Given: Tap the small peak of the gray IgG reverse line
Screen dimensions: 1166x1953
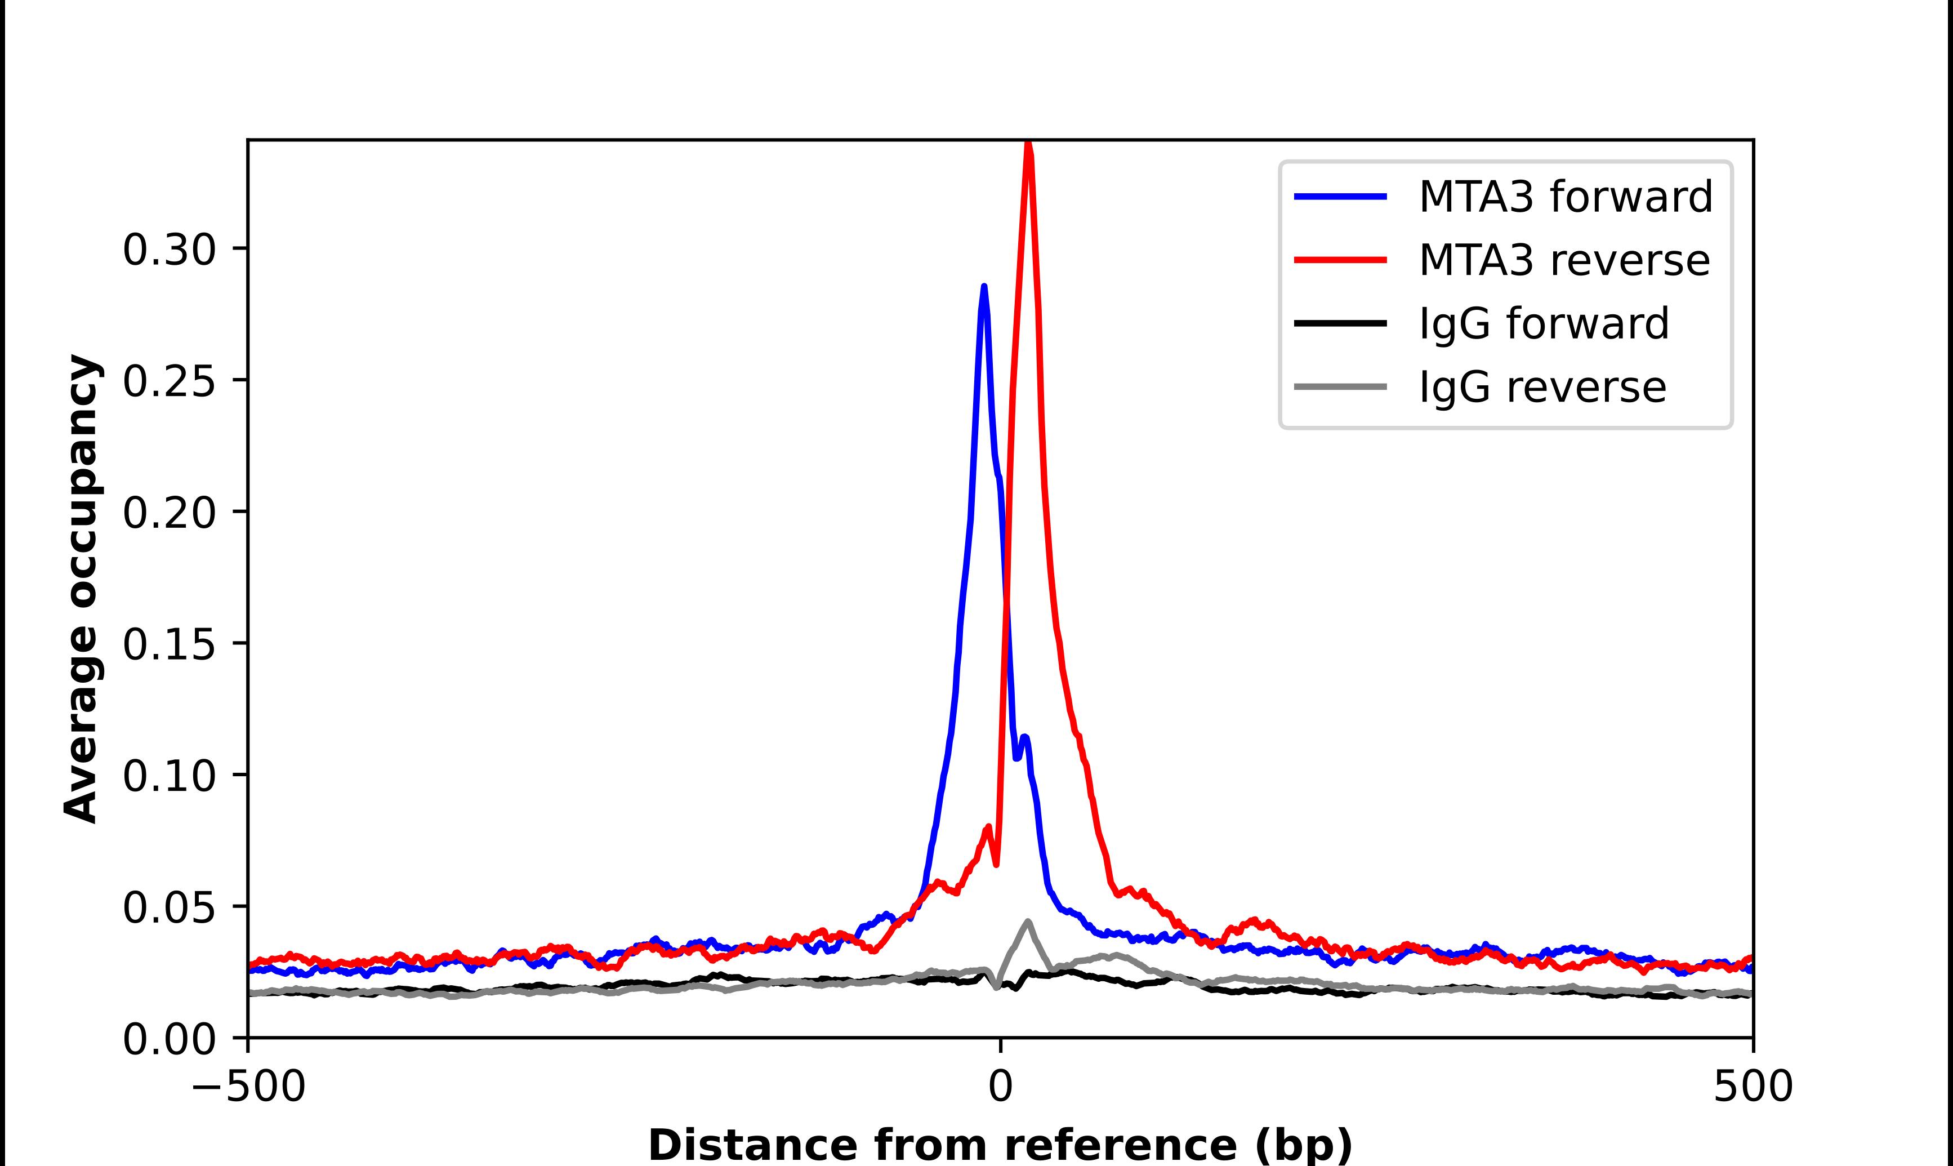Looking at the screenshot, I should coord(1028,922).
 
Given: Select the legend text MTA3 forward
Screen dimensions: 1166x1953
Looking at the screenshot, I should coord(1565,197).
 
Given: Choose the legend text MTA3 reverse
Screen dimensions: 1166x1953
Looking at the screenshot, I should coord(1563,260).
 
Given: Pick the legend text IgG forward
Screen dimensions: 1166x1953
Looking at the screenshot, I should coord(1543,324).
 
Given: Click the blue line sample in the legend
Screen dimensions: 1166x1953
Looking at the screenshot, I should coord(1340,197).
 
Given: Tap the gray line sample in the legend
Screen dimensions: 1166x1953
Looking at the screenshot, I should coord(1340,386).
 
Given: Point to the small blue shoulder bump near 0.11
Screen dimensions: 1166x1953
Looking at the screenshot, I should coord(1025,738).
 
